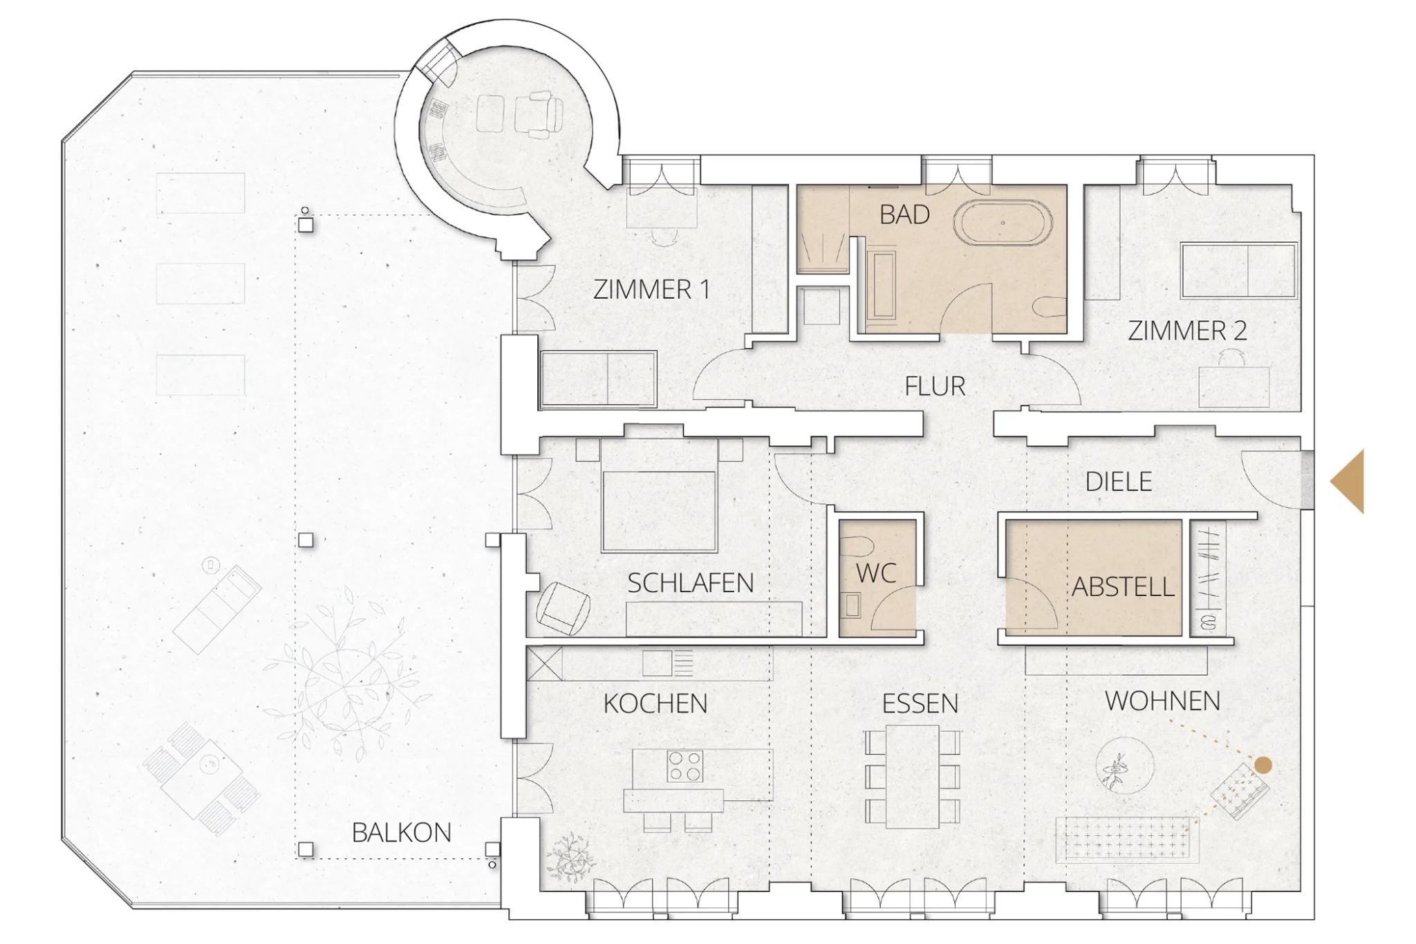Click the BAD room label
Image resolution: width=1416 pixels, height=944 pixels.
click(904, 215)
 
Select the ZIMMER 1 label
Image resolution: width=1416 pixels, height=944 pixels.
click(651, 289)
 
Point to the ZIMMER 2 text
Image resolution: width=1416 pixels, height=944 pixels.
click(1187, 331)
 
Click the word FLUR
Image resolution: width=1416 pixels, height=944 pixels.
click(935, 386)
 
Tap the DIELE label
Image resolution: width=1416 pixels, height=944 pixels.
click(1119, 481)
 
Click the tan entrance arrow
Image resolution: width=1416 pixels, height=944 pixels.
click(1348, 481)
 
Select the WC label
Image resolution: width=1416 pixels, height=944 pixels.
click(876, 573)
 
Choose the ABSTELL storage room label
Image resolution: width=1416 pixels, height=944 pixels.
click(1123, 587)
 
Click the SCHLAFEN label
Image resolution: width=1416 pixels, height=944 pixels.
click(690, 584)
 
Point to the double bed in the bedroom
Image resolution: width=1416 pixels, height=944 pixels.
click(659, 496)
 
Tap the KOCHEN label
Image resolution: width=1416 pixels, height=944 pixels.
click(655, 704)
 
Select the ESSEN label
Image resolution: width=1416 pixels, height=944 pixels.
click(920, 704)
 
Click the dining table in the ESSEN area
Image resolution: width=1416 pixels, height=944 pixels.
click(913, 776)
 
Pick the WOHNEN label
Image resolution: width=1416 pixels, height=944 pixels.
click(1162, 701)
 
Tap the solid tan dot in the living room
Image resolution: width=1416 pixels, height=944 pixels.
click(1263, 765)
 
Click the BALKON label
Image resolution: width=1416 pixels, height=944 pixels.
click(401, 833)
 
